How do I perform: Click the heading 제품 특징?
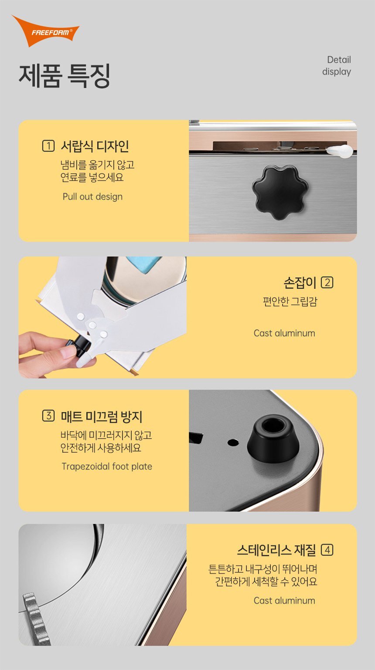tap(65, 76)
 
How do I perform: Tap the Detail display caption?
tap(337, 66)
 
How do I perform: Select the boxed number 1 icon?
tap(48, 146)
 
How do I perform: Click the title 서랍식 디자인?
tap(95, 146)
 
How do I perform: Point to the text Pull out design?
tap(92, 196)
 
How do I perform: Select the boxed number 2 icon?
tap(327, 283)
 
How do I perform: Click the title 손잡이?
tap(300, 283)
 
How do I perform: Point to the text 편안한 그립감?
tap(290, 301)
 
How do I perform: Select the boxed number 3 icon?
tap(48, 416)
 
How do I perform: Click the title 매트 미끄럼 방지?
tap(102, 416)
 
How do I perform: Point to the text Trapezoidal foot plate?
tap(107, 466)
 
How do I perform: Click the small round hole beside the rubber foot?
tap(233, 442)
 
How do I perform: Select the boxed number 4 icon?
tap(327, 550)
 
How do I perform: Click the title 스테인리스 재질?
tap(276, 550)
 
